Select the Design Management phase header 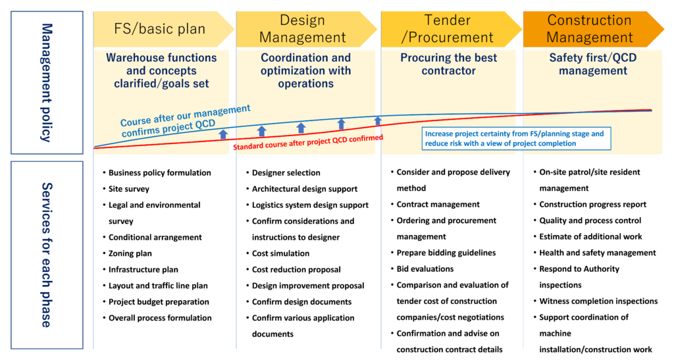pos(303,29)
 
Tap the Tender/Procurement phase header pos(448,29)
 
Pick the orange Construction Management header pos(590,29)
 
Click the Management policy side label pos(46,82)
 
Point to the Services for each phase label pos(46,255)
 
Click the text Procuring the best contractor pos(449,64)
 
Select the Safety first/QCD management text pos(593,64)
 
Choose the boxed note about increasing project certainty pos(514,138)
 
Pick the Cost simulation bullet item pos(280,253)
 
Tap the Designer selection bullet pos(286,173)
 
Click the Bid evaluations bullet pos(425,269)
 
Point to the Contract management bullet pos(438,205)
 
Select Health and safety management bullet pos(598,253)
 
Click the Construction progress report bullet pos(593,205)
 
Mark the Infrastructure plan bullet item pos(143,270)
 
